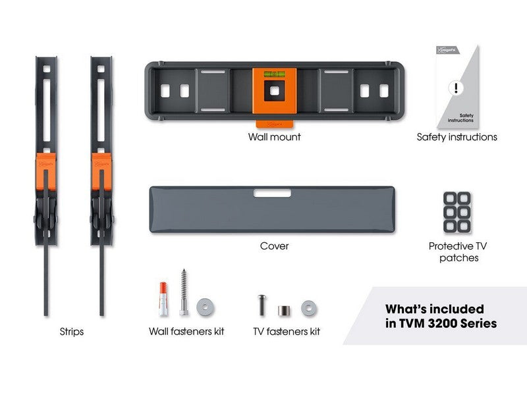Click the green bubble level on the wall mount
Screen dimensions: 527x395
click(x=274, y=74)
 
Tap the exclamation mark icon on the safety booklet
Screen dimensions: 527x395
click(x=456, y=88)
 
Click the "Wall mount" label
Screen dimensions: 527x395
click(x=274, y=137)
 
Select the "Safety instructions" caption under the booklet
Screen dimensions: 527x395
click(x=457, y=137)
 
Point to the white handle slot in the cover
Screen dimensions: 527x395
click(x=272, y=193)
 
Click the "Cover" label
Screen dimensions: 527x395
click(x=274, y=246)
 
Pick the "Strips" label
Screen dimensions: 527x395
click(x=72, y=332)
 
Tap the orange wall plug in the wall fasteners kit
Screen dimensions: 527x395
click(x=163, y=299)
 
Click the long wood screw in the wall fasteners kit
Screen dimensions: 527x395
click(x=184, y=292)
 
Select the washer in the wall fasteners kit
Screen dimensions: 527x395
click(x=205, y=307)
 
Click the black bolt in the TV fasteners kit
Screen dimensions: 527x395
click(x=262, y=305)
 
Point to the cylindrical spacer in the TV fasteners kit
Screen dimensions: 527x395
click(x=284, y=310)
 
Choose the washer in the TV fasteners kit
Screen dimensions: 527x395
click(x=309, y=308)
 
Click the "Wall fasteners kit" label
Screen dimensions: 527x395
click(x=186, y=332)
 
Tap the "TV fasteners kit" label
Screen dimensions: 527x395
click(x=287, y=332)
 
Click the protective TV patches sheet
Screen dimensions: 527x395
click(x=457, y=212)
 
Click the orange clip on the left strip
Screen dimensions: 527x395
click(x=45, y=172)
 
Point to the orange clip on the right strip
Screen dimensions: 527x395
click(x=101, y=172)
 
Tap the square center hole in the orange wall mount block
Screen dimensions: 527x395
click(x=275, y=91)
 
